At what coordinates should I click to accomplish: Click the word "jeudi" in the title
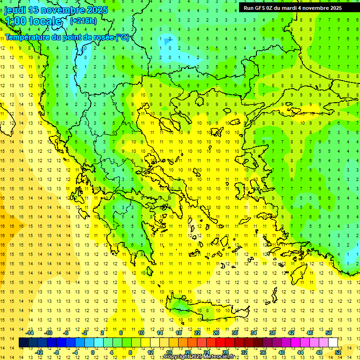pyautogui.click(x=15, y=10)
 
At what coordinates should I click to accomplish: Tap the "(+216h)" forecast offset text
pyautogui.click(x=83, y=21)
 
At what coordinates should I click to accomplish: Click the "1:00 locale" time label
pyautogui.click(x=33, y=21)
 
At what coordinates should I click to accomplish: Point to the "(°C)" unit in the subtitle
pyautogui.click(x=122, y=37)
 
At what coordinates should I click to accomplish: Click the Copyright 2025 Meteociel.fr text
pyautogui.click(x=199, y=357)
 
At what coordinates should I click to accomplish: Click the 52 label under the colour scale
pyautogui.click(x=338, y=352)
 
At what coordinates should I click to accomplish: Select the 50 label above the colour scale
pyautogui.click(x=329, y=332)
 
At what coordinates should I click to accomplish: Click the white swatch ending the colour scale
pyautogui.click(x=333, y=342)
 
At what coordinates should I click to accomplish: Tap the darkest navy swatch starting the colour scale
pyautogui.click(x=24, y=342)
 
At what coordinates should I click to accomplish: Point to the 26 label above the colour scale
pyautogui.click(x=216, y=332)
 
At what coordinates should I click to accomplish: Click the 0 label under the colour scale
pyautogui.click(x=92, y=352)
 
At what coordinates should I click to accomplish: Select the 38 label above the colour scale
pyautogui.click(x=272, y=332)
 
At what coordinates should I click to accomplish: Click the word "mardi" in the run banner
pyautogui.click(x=289, y=7)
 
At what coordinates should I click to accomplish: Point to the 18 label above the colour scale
pyautogui.click(x=179, y=332)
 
